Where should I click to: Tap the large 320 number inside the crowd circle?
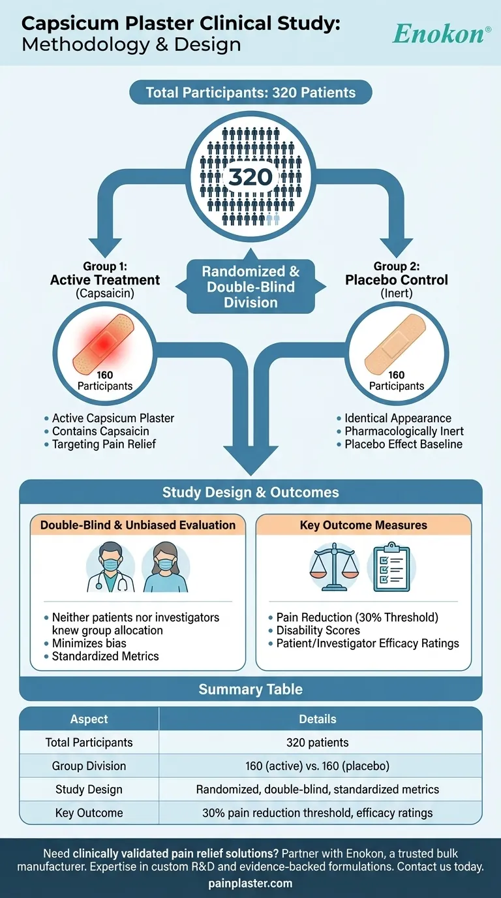(x=251, y=177)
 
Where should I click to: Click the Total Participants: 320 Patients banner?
(x=250, y=93)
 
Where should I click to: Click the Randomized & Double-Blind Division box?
(x=250, y=286)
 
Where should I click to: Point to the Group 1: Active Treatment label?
(x=105, y=274)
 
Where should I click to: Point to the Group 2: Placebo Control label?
(x=396, y=274)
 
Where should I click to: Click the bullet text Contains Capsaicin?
(x=100, y=431)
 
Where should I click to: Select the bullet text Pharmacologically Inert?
(x=399, y=431)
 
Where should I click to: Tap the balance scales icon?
(x=335, y=568)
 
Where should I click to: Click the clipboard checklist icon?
(x=391, y=569)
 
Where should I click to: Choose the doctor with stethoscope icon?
(x=110, y=569)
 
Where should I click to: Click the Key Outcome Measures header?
(x=363, y=525)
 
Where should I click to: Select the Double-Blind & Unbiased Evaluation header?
(x=138, y=525)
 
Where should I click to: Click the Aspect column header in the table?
(x=89, y=719)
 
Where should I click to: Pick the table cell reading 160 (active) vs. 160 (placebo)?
(x=318, y=766)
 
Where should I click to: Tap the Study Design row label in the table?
(x=89, y=789)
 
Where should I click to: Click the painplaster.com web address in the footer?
(x=250, y=884)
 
